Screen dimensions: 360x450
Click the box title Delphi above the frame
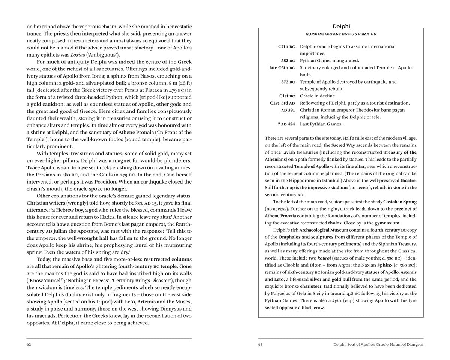pos(341,27)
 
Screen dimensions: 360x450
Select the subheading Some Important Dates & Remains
pos(341,34)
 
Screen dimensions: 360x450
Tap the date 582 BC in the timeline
pos(288,61)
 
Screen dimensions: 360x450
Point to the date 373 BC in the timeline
pos(288,82)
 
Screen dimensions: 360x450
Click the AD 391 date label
pos(288,110)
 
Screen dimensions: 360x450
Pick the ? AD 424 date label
pos(286,124)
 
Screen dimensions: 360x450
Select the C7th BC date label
pos(286,46)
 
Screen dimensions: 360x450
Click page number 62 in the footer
pos(29,345)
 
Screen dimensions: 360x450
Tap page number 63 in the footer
pos(260,345)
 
